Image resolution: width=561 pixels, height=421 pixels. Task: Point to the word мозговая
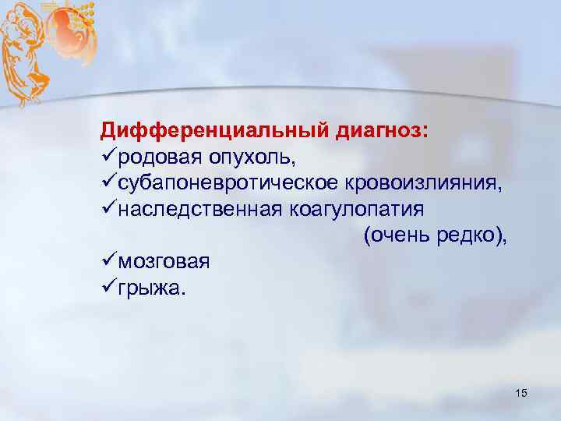click(164, 261)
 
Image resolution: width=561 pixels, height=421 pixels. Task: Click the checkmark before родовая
click(109, 157)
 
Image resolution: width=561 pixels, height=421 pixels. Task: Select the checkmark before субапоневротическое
click(109, 182)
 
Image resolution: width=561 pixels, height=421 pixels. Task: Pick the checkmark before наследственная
click(109, 208)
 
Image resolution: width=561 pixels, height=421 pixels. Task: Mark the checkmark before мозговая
click(109, 261)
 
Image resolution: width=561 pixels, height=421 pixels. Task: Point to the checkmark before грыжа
click(109, 288)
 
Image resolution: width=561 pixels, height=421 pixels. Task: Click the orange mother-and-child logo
click(47, 47)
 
